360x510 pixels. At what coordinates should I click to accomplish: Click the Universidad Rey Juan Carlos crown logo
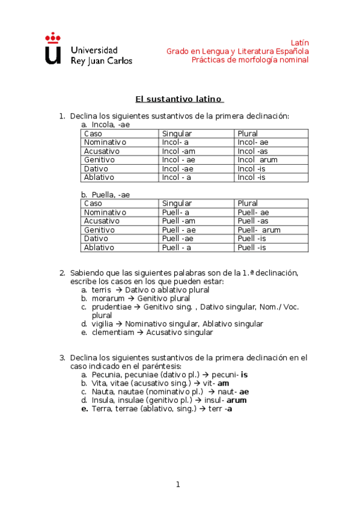coord(53,48)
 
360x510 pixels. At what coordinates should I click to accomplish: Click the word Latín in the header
coord(299,43)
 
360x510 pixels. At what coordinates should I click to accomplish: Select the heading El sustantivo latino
coord(178,99)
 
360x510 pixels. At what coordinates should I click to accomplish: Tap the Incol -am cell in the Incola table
coord(178,151)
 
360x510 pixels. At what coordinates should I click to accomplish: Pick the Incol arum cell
coord(257,160)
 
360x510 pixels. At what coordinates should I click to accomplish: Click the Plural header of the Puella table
coord(248,203)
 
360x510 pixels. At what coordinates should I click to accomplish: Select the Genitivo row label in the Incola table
coord(99,160)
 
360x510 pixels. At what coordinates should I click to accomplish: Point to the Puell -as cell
coord(253,221)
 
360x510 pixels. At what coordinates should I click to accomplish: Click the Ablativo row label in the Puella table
coord(99,247)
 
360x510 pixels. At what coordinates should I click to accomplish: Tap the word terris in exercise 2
coord(102,289)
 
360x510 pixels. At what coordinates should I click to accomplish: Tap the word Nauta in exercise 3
coord(104,392)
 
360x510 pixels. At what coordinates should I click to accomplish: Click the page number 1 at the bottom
coord(178,484)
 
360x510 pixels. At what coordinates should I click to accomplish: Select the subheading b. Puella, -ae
coord(105,194)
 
